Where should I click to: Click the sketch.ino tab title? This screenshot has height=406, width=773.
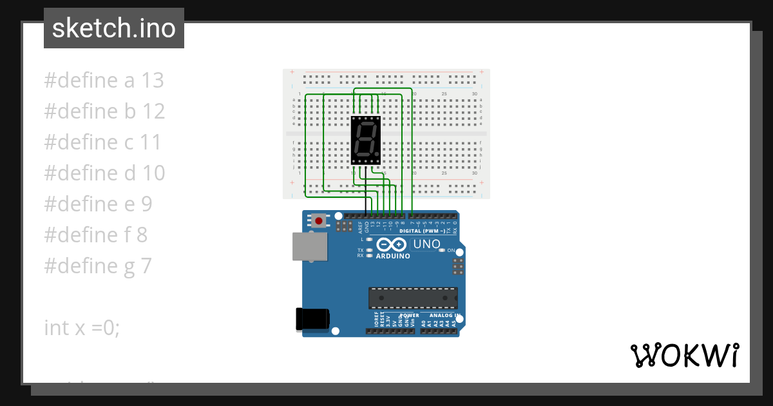click(114, 28)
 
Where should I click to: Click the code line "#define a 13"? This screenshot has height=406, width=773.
click(104, 81)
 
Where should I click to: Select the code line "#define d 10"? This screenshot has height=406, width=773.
click(104, 173)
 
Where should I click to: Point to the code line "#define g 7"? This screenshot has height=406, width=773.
click(98, 266)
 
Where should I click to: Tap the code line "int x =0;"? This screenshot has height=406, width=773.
click(82, 327)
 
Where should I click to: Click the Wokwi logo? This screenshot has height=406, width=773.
click(684, 355)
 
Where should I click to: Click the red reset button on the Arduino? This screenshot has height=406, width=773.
click(318, 221)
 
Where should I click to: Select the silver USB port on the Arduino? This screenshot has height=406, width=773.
click(309, 246)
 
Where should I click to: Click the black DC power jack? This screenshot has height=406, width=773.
click(312, 320)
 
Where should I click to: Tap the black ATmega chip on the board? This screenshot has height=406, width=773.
click(413, 298)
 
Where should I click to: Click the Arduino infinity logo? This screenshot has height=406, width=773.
click(391, 245)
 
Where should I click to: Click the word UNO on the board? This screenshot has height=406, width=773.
click(426, 244)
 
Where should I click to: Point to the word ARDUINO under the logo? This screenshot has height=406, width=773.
click(393, 256)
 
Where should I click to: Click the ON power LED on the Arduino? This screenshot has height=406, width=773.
click(442, 250)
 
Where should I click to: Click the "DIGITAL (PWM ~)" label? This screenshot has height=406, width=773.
click(423, 231)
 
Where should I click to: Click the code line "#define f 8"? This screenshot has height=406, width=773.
click(95, 235)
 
